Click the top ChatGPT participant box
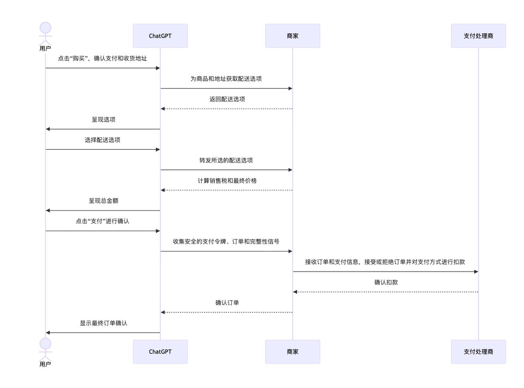pyautogui.click(x=160, y=36)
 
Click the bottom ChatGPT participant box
pyautogui.click(x=160, y=352)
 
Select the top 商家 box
pyautogui.click(x=293, y=36)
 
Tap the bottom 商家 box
pyautogui.click(x=293, y=352)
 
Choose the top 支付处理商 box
pyautogui.click(x=478, y=36)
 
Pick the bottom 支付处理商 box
pyautogui.click(x=478, y=352)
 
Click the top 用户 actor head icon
pyautogui.click(x=45, y=28)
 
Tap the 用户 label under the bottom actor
pyautogui.click(x=45, y=364)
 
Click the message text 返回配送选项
pyautogui.click(x=227, y=99)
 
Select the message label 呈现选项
pyautogui.click(x=103, y=120)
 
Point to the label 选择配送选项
pyautogui.click(x=103, y=140)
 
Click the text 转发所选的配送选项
pyautogui.click(x=226, y=160)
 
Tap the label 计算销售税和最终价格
pyautogui.click(x=227, y=181)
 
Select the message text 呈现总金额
pyautogui.click(x=103, y=201)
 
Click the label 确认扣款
pyautogui.click(x=386, y=282)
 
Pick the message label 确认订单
pyautogui.click(x=227, y=303)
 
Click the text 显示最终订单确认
pyautogui.click(x=103, y=323)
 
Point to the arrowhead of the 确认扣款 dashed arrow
pyautogui.click(x=295, y=292)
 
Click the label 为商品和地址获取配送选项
pyautogui.click(x=226, y=79)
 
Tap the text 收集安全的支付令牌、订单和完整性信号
pyautogui.click(x=226, y=242)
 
